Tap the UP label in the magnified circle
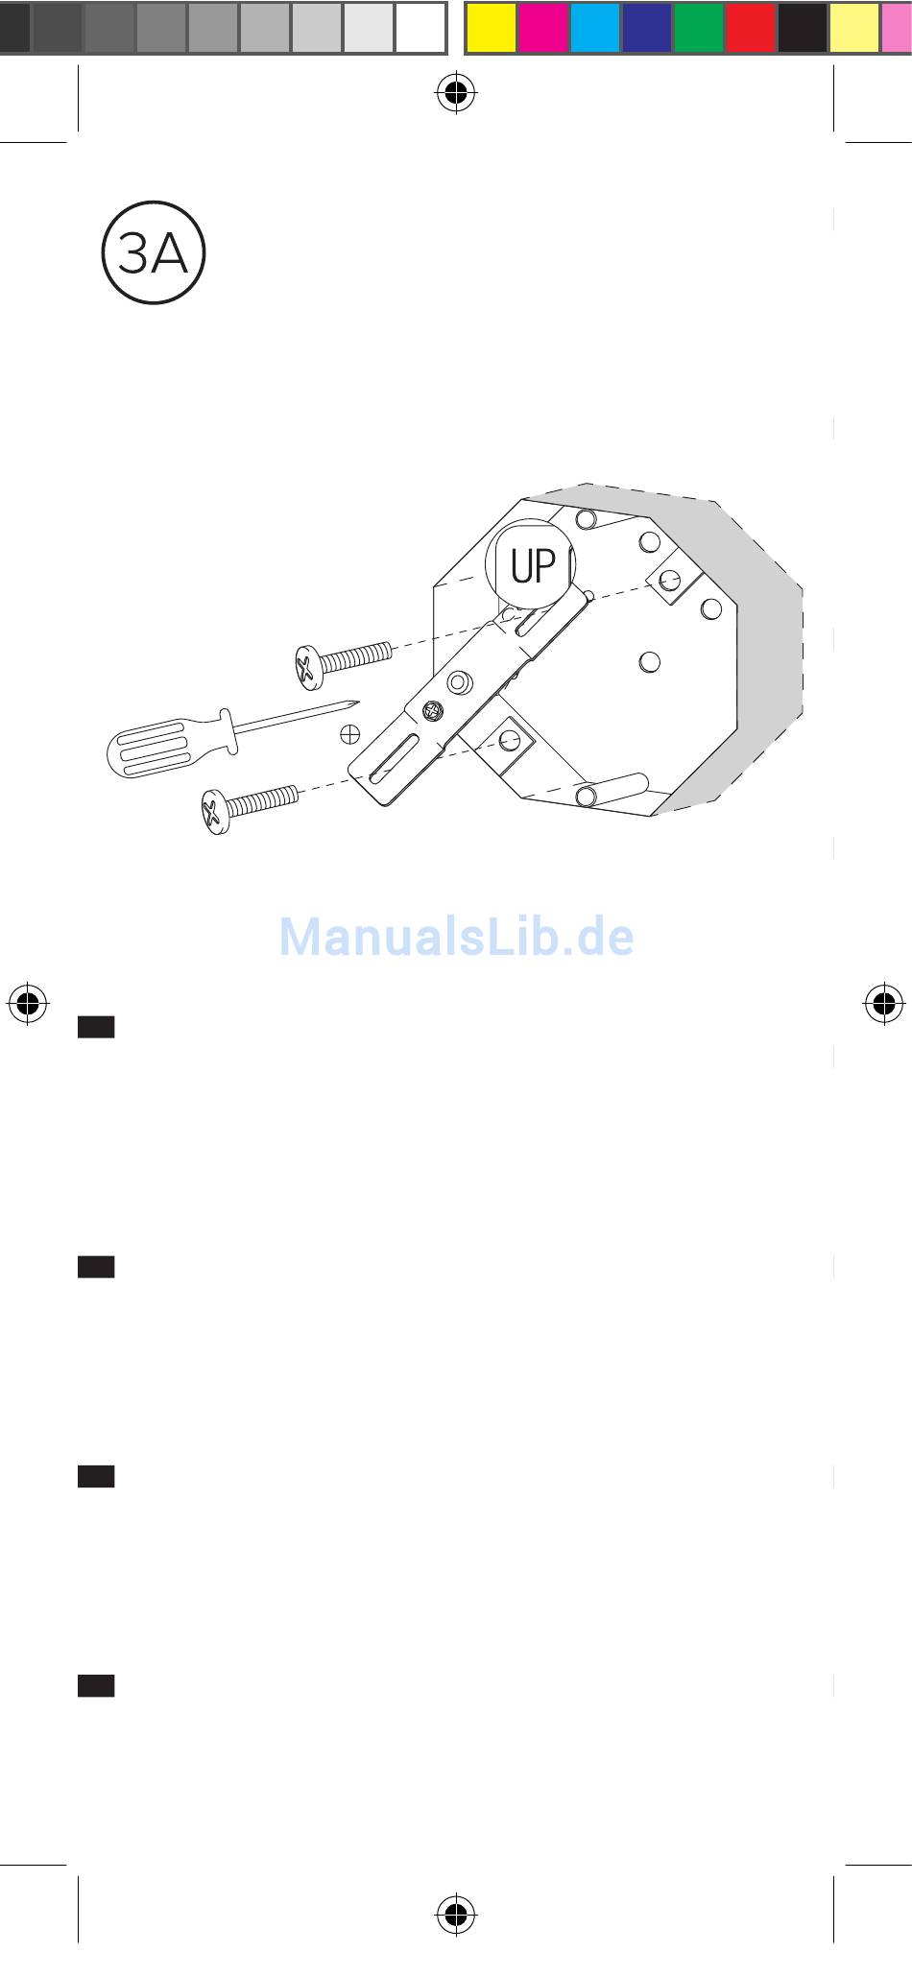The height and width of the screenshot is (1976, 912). [x=533, y=567]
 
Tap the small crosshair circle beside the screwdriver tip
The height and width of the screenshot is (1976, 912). [x=350, y=734]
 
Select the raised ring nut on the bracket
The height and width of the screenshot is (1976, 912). [x=459, y=683]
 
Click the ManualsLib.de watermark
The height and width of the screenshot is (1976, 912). [x=456, y=937]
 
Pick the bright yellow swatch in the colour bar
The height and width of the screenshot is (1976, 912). [x=492, y=28]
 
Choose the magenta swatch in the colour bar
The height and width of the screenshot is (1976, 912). [x=543, y=28]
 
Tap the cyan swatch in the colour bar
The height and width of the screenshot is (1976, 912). [x=595, y=28]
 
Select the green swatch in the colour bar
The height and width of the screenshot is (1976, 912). [x=699, y=28]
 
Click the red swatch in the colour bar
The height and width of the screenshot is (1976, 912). [x=751, y=28]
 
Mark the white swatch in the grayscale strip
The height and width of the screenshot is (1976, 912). [x=420, y=28]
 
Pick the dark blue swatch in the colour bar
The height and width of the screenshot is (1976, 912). [x=647, y=28]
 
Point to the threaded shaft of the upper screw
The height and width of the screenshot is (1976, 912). [x=355, y=656]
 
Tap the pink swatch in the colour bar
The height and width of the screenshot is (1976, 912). [x=897, y=28]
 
